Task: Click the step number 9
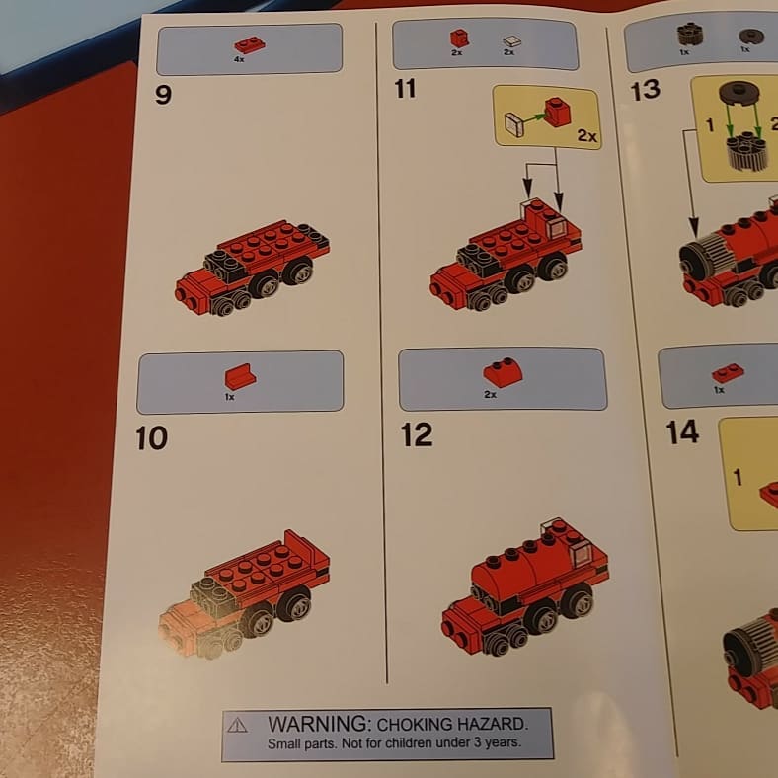tap(163, 94)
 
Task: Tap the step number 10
tap(151, 438)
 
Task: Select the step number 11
tap(405, 89)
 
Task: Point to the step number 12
tap(417, 434)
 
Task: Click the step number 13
tap(645, 90)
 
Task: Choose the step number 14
tap(683, 432)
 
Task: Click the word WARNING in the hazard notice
tap(319, 724)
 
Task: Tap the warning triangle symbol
tap(237, 725)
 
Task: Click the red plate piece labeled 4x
tap(250, 44)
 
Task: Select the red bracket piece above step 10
tap(240, 376)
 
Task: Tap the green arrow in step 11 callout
tap(533, 118)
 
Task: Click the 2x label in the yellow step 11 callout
tap(587, 135)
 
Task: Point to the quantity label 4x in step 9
tap(239, 59)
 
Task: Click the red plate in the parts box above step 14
tap(728, 372)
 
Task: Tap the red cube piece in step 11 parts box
tap(459, 39)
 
